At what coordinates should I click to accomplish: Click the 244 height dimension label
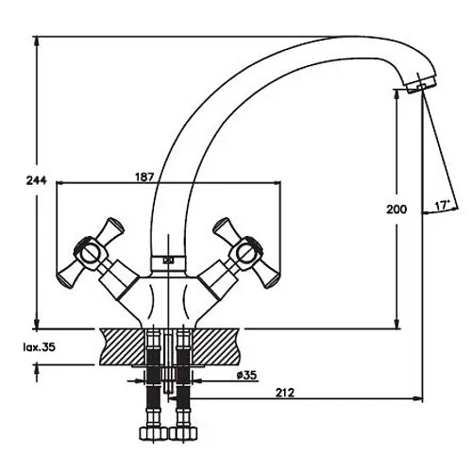coord(37,180)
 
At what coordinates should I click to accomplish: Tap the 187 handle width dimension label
coord(144,177)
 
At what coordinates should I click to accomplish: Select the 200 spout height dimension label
coord(396,210)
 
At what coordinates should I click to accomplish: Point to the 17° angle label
coord(442,206)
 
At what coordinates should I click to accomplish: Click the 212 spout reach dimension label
coord(285,393)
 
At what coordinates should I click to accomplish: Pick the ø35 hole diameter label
coord(246,375)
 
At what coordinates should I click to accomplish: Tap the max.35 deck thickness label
coord(40,347)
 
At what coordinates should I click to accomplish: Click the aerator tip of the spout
coord(421,83)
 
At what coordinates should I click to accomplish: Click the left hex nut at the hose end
coord(153,433)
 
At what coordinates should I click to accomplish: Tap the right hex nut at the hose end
coord(183,433)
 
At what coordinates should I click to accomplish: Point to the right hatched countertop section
coord(216,346)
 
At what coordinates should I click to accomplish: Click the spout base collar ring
coord(168,261)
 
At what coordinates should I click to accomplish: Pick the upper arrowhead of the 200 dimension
coord(397,95)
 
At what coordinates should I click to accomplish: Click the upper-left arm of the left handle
coord(110,228)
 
